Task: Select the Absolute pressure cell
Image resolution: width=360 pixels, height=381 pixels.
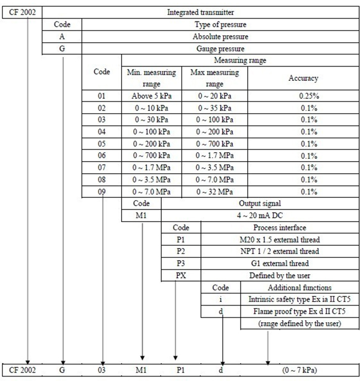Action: coord(220,36)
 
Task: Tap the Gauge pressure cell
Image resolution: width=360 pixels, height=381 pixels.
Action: coord(220,48)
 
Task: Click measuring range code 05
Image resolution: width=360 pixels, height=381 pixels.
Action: coord(101,143)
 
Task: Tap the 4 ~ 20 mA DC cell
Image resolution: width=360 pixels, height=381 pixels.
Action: coord(260,215)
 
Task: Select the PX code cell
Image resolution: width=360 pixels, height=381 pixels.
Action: coord(181,275)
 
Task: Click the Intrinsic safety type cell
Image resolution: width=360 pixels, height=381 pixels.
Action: coord(299,299)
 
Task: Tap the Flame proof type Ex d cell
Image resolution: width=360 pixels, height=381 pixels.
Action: coord(299,311)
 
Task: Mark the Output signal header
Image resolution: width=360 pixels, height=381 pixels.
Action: coord(260,203)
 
